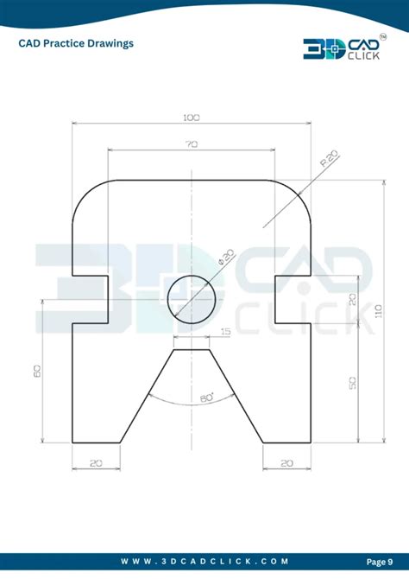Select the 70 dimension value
[190, 145]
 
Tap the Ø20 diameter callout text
[226, 259]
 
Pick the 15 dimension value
[226, 331]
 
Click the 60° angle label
[206, 398]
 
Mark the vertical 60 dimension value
[38, 371]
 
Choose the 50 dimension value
[352, 383]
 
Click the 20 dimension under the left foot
[95, 463]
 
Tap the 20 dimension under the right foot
[286, 463]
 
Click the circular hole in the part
[191, 299]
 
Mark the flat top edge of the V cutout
[191, 351]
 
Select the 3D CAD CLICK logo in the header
[337, 48]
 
